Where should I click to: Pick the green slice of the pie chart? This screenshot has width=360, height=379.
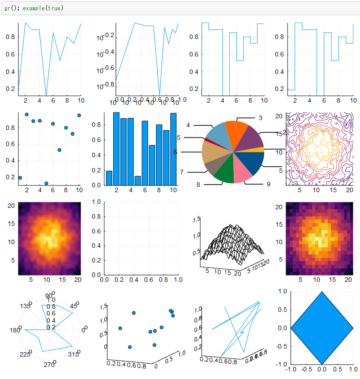(x=224, y=175)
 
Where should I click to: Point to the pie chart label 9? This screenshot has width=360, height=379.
(x=268, y=184)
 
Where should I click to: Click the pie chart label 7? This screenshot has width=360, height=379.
(x=182, y=172)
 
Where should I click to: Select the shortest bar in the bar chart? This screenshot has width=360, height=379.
(x=137, y=180)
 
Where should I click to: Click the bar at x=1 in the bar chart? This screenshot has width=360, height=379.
(x=109, y=177)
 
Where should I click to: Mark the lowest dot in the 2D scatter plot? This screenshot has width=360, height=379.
(x=47, y=183)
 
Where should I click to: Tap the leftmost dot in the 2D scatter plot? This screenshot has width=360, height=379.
(x=20, y=178)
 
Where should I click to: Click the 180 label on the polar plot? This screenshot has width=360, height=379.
(x=13, y=330)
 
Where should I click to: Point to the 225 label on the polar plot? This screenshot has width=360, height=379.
(x=24, y=354)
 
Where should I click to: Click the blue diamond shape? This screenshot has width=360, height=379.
(x=321, y=327)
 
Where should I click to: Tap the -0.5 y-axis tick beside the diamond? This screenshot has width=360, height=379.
(x=281, y=346)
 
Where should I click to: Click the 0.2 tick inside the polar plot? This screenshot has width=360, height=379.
(x=51, y=327)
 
